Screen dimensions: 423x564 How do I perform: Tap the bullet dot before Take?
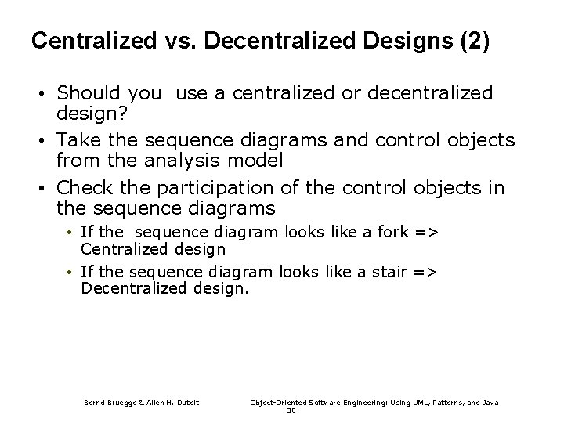(x=39, y=141)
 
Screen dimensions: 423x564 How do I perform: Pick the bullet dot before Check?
(x=39, y=189)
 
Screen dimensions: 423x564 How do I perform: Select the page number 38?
(x=291, y=410)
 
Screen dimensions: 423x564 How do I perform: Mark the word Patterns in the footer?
(x=436, y=403)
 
